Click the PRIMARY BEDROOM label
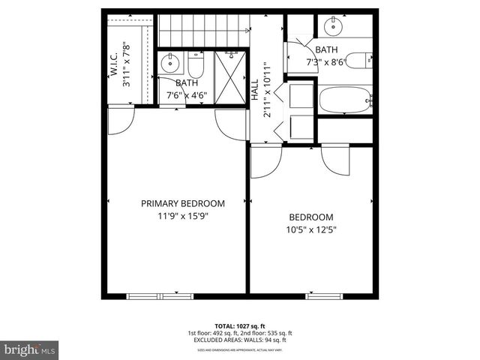pyautogui.click(x=184, y=203)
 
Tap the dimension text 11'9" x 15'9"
pyautogui.click(x=184, y=216)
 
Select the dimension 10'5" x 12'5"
pyautogui.click(x=311, y=229)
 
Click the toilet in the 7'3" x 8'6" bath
pyautogui.click(x=361, y=59)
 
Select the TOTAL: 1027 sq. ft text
pyautogui.click(x=240, y=325)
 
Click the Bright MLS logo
pyautogui.click(x=30, y=349)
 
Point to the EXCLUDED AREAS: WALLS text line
pyautogui.click(x=240, y=340)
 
